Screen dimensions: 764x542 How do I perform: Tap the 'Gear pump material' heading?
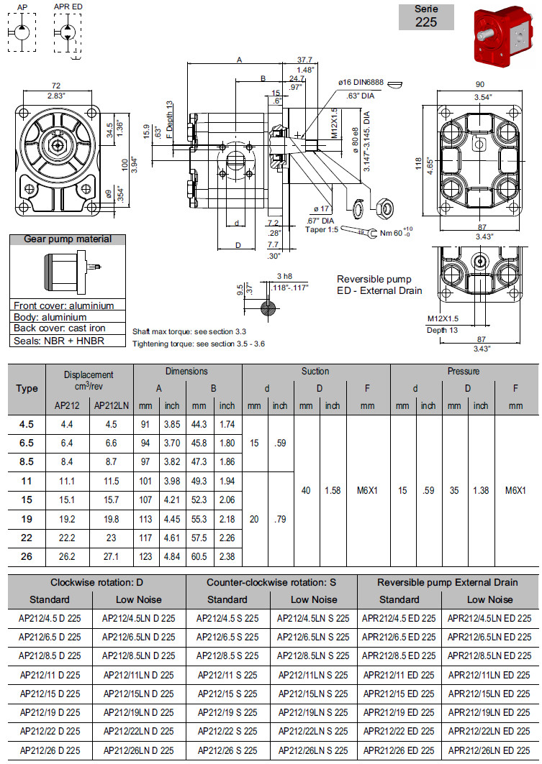click(x=68, y=239)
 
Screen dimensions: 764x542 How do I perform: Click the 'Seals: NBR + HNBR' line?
click(x=59, y=341)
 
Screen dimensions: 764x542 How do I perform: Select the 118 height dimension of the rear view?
click(x=418, y=164)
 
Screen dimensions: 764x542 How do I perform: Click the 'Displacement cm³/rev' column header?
click(x=89, y=379)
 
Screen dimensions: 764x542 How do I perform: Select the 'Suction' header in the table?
click(x=315, y=372)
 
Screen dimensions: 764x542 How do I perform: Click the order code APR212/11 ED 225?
click(x=399, y=675)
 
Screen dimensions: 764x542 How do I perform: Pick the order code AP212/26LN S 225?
click(x=313, y=750)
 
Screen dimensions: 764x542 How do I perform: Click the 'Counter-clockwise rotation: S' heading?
click(x=271, y=582)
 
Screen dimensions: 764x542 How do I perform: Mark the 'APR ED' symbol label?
click(x=68, y=6)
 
